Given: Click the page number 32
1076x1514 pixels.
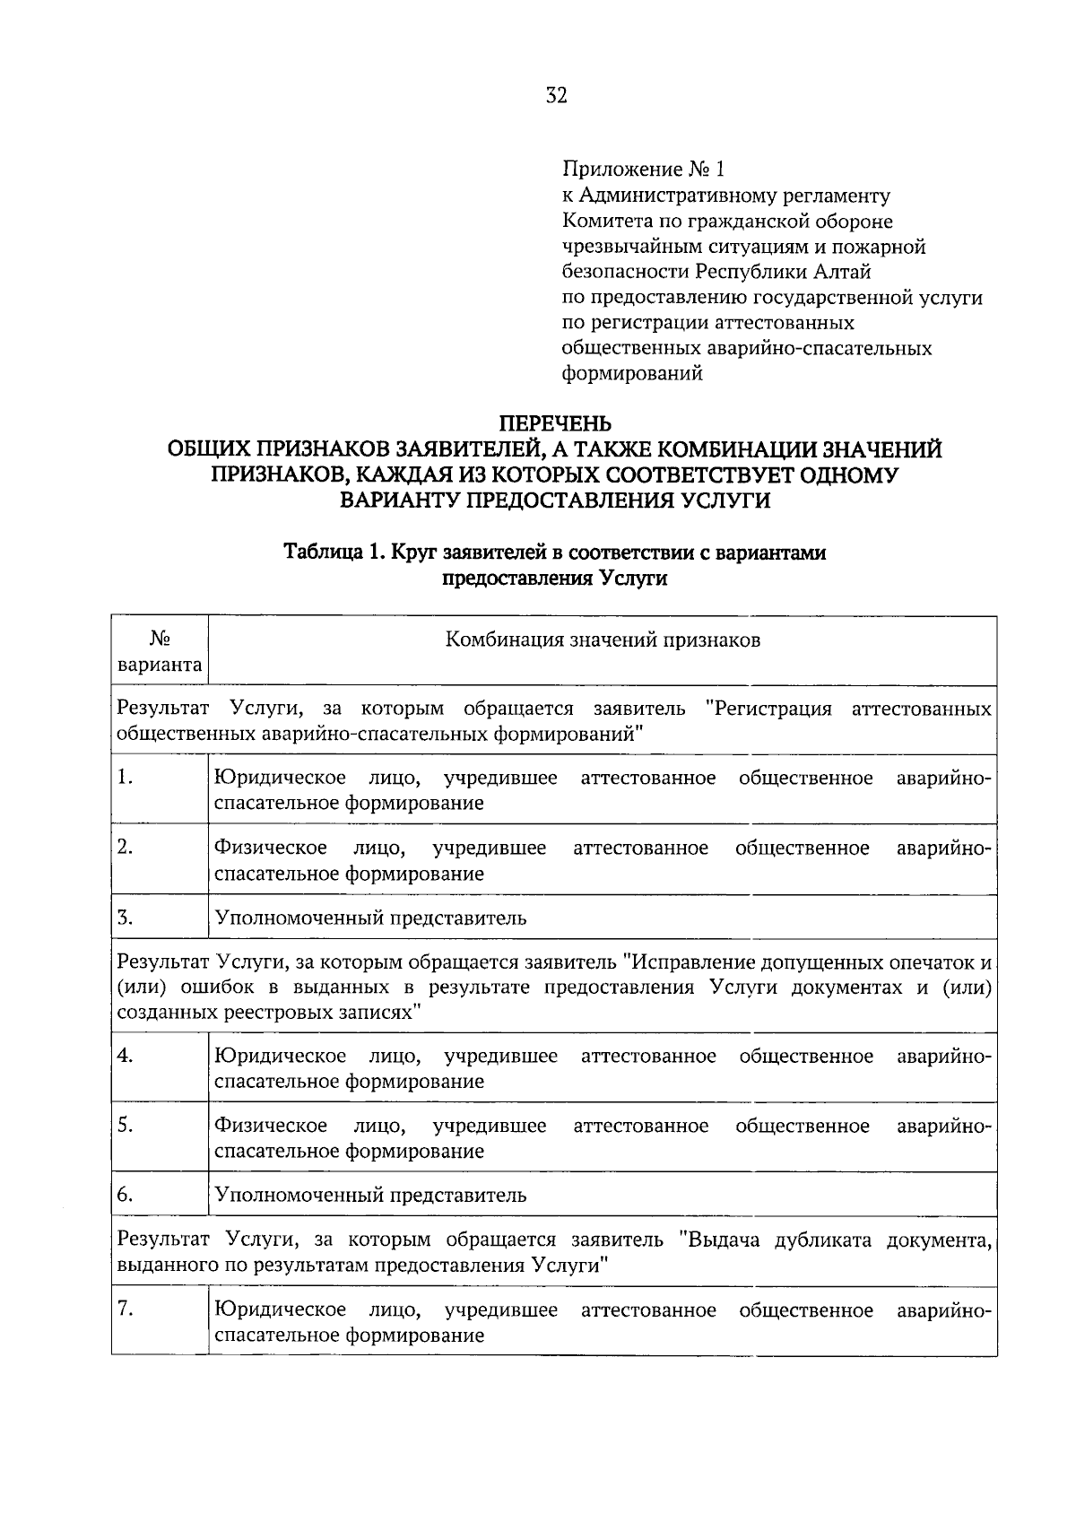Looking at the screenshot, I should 556,96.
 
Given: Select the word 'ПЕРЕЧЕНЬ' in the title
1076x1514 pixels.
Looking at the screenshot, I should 555,422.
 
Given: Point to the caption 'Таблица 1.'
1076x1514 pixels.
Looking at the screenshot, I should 334,553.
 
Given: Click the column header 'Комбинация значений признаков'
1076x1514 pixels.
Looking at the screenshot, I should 603,640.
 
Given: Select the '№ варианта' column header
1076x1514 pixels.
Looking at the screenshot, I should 160,652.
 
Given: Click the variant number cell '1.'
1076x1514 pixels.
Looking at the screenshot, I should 126,779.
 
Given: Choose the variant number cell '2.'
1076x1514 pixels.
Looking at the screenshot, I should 126,848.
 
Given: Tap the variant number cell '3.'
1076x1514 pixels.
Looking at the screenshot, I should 126,918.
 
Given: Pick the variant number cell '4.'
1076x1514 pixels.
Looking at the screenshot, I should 126,1056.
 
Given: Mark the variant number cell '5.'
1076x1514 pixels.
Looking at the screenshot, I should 126,1126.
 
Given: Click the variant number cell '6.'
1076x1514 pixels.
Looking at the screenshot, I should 126,1195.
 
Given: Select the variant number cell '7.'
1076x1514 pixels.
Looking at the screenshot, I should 126,1310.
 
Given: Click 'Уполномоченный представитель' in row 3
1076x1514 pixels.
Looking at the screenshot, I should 370,918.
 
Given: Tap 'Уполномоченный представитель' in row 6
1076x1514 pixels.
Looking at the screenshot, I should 370,1195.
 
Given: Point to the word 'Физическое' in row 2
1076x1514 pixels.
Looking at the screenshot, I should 270,848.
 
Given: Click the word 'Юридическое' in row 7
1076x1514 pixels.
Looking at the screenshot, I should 281,1310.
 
